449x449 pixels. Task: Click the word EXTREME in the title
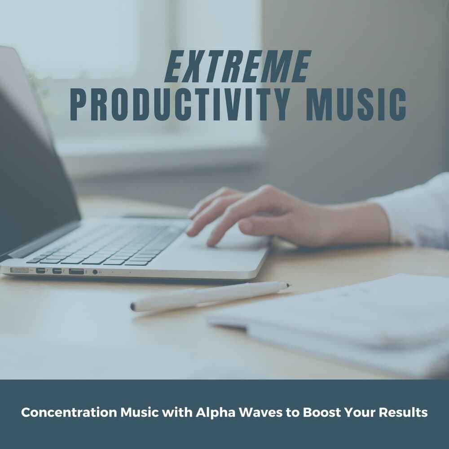(238, 67)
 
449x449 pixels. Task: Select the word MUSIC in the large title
(356, 104)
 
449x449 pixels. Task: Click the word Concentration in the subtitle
(69, 412)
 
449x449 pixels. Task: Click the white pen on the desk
(211, 296)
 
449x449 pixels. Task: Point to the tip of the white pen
(290, 285)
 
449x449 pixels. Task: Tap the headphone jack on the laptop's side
(95, 272)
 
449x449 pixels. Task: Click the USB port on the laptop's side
(76, 271)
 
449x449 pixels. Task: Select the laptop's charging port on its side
(19, 270)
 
